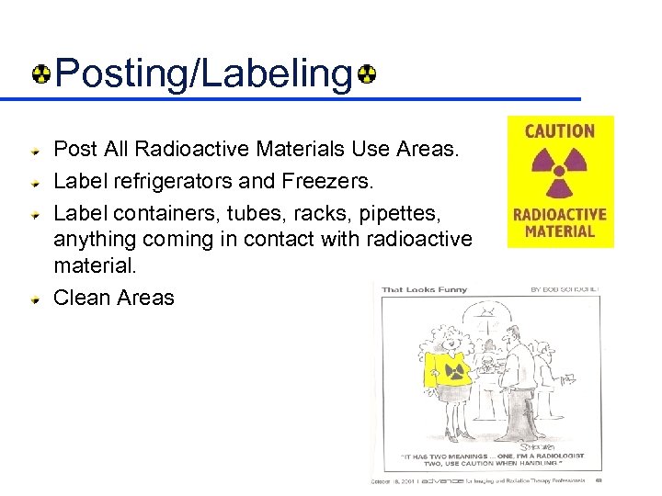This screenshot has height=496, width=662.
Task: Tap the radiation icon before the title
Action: click(x=41, y=73)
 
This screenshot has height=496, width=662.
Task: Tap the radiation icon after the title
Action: click(x=367, y=73)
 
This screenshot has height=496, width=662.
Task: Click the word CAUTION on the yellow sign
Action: click(x=560, y=131)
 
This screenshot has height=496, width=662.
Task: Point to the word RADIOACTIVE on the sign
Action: click(x=560, y=215)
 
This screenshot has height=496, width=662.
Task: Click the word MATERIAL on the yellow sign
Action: click(x=560, y=231)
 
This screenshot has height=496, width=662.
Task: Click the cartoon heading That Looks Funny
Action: click(x=425, y=289)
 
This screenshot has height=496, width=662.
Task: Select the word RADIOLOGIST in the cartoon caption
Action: click(x=553, y=456)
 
